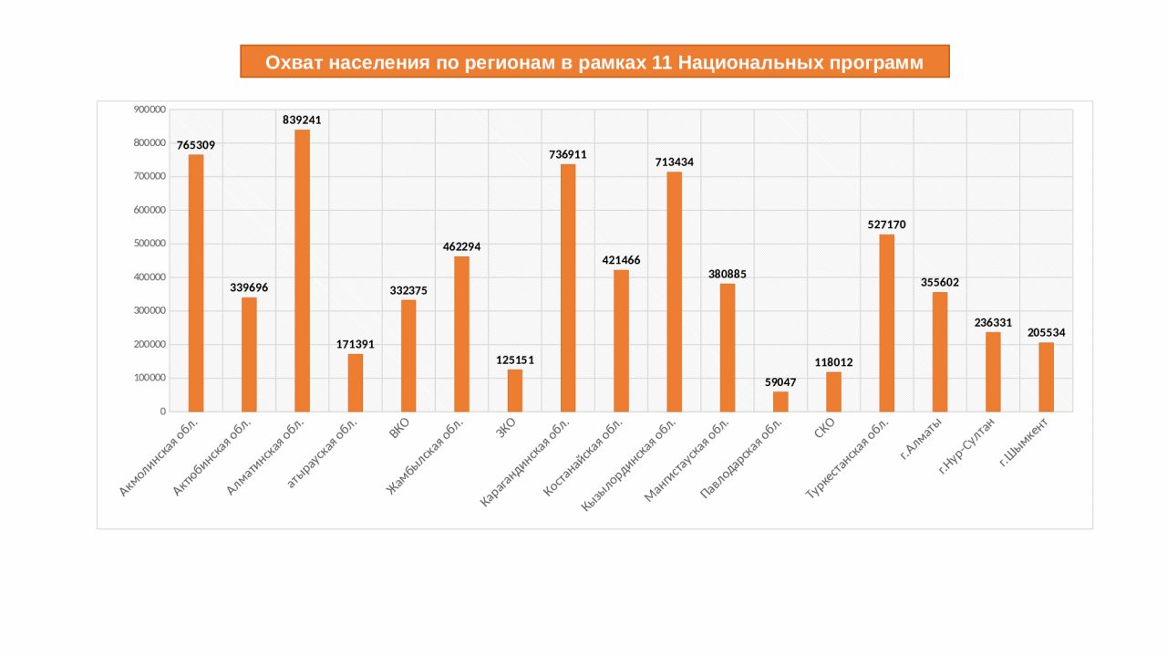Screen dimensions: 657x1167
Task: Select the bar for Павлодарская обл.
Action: (x=780, y=401)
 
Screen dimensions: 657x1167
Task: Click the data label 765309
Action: (x=196, y=145)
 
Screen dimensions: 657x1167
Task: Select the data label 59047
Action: (x=780, y=382)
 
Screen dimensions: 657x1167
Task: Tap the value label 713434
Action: (x=675, y=162)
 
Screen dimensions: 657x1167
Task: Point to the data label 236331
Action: (x=993, y=323)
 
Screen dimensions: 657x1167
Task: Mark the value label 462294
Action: (x=462, y=246)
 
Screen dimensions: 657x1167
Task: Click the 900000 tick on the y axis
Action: (x=150, y=109)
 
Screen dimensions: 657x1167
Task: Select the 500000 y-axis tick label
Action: (x=150, y=244)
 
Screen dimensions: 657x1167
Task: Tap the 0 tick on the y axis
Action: (x=162, y=412)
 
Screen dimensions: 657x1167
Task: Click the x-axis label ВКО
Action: (x=399, y=429)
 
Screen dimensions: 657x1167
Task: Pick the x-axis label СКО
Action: (x=824, y=428)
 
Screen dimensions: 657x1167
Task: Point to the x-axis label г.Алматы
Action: (x=921, y=437)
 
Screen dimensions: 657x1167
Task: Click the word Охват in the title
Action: (x=294, y=62)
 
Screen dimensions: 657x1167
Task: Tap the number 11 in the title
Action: (x=663, y=62)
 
